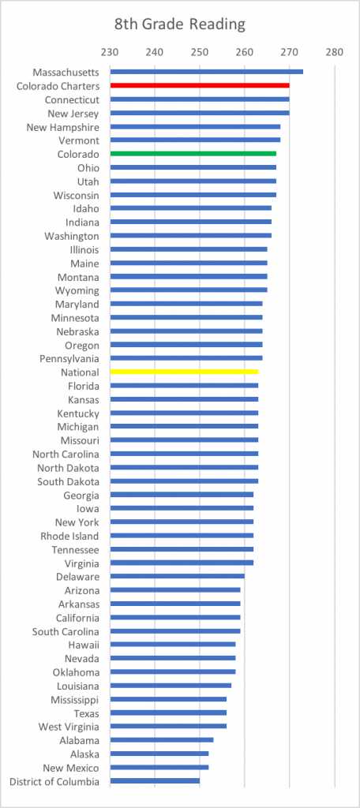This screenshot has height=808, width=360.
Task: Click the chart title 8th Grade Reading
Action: tap(179, 24)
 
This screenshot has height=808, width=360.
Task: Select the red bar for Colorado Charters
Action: tap(200, 85)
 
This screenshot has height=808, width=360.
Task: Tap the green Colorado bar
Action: tap(193, 154)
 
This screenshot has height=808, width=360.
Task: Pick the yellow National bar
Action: tap(184, 372)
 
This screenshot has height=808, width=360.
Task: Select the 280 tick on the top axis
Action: tap(334, 52)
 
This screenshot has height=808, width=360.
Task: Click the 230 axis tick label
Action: tap(110, 52)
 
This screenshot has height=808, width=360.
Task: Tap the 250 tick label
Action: tap(200, 52)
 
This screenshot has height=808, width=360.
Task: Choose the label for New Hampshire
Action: tap(63, 127)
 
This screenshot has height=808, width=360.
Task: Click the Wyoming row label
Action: tap(78, 290)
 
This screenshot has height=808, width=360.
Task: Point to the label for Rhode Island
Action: tap(70, 536)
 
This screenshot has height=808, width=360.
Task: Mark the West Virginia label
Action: tap(69, 727)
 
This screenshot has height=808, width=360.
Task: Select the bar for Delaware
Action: tap(178, 576)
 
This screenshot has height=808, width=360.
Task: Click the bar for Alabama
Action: tap(161, 740)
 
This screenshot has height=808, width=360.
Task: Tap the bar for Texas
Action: tap(168, 713)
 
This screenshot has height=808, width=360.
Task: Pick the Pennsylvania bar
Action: tap(186, 357)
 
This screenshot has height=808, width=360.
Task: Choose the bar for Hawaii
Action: tap(173, 644)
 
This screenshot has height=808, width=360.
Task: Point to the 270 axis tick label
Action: tap(289, 52)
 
